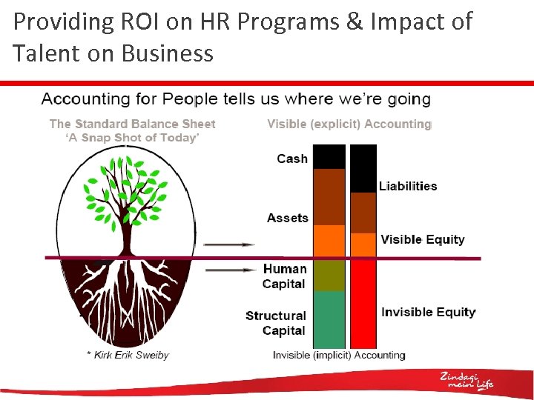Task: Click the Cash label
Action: (291, 159)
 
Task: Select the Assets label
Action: (287, 218)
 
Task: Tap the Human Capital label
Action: (284, 276)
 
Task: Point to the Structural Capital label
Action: (276, 323)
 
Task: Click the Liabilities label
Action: (408, 186)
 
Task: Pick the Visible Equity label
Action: (422, 239)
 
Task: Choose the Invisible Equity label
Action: (428, 312)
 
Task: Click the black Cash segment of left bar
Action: (329, 156)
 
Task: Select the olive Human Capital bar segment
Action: (329, 275)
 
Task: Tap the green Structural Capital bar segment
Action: (329, 319)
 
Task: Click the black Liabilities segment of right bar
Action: (363, 168)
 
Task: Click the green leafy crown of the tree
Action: (122, 193)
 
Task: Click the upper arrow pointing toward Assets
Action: (228, 244)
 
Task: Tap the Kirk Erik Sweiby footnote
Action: (127, 355)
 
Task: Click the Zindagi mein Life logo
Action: (466, 380)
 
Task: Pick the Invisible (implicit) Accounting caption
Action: (339, 355)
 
